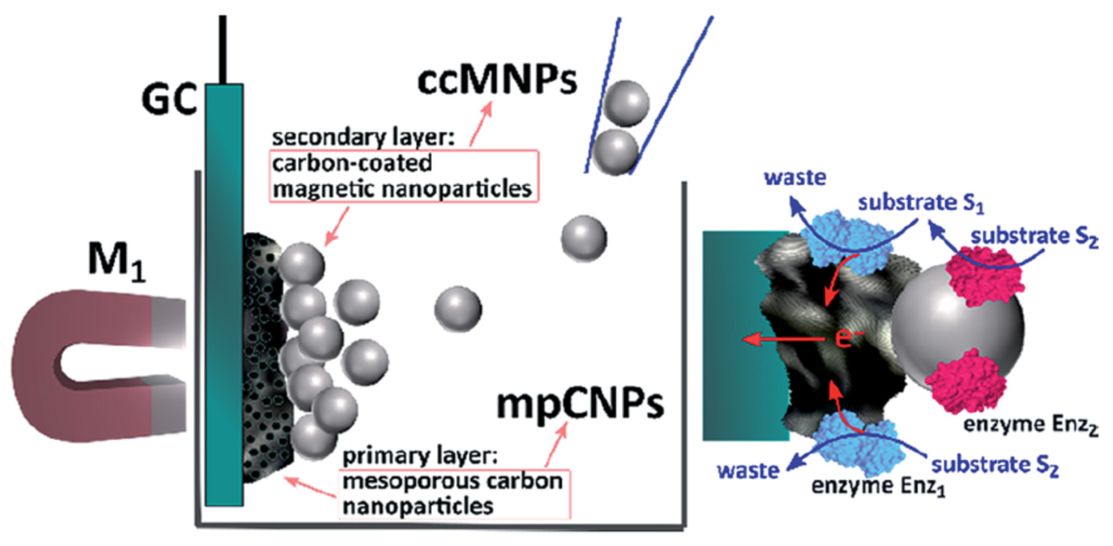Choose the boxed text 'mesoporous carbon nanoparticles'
pyautogui.click(x=453, y=494)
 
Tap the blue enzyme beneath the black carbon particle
pyautogui.click(x=860, y=448)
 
